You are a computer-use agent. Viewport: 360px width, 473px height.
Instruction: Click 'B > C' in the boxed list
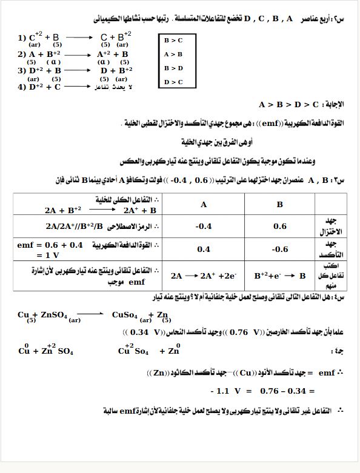(173, 40)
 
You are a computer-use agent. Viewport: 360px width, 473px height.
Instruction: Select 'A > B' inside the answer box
(173, 54)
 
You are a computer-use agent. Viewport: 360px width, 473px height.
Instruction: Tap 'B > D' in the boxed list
(173, 68)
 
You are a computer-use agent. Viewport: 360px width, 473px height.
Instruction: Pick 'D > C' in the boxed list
(173, 82)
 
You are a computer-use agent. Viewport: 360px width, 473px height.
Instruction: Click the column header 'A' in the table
(204, 205)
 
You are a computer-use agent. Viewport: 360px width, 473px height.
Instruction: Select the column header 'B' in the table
(279, 205)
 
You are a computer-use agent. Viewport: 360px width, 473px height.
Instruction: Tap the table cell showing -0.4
(204, 227)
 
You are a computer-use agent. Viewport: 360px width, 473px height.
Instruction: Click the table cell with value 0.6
(279, 227)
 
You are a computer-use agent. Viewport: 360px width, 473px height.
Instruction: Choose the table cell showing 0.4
(204, 249)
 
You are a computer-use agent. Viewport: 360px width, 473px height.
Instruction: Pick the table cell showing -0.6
(279, 249)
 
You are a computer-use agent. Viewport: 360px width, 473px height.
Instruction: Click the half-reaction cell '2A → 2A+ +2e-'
(204, 276)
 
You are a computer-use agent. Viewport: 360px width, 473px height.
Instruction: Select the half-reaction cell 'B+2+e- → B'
(279, 276)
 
